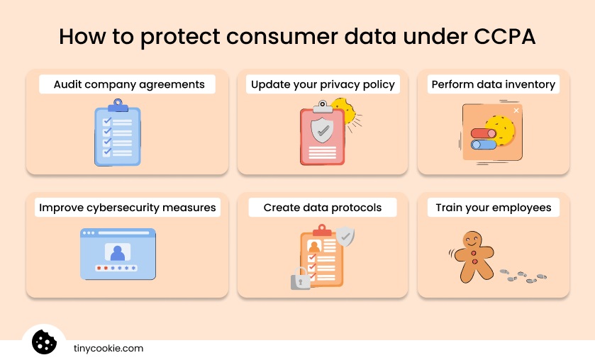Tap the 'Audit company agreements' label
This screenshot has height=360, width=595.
tap(129, 84)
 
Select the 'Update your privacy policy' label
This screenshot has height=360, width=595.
tap(323, 84)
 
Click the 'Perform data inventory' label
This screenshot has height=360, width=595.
tap(494, 84)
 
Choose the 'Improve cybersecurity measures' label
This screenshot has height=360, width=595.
tap(128, 208)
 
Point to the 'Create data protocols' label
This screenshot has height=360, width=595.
tap(323, 208)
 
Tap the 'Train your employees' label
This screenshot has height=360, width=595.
tap(494, 208)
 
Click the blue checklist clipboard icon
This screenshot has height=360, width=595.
tap(118, 134)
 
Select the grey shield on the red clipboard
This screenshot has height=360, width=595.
tap(323, 130)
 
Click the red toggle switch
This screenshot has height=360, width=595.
tap(484, 133)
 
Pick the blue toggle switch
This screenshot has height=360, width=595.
tap(484, 145)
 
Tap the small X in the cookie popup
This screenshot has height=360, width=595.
tap(516, 111)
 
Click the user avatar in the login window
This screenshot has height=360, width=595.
tap(117, 252)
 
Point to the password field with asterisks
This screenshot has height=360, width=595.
tap(117, 269)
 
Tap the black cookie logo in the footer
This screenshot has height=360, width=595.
tap(44, 342)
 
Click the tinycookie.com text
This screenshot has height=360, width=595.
tap(109, 349)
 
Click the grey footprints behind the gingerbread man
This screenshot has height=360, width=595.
tap(523, 276)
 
